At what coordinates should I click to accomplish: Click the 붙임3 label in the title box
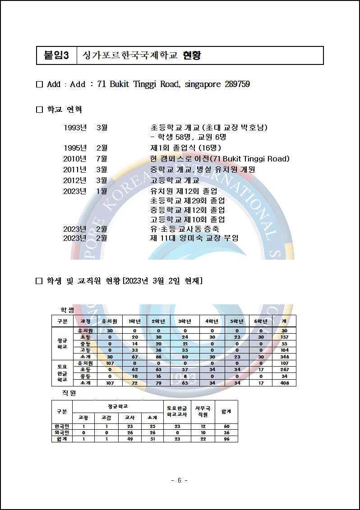[56, 55]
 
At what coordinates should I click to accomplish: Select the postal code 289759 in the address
[237, 84]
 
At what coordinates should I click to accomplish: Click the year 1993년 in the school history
[74, 128]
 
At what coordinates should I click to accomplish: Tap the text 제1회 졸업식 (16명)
[185, 148]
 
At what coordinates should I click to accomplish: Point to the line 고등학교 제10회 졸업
[187, 220]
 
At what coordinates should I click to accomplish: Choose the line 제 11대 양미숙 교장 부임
[194, 238]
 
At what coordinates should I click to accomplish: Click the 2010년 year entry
[74, 159]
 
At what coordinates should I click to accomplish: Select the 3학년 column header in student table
[185, 321]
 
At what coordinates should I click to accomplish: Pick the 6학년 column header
[261, 321]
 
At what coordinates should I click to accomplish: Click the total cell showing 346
[284, 356]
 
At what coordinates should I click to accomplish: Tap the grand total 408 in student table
[284, 382]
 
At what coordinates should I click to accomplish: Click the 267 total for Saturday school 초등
[284, 369]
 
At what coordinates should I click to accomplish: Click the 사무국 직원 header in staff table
[203, 411]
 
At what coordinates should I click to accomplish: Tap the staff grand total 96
[226, 439]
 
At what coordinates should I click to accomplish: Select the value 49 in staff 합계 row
[129, 439]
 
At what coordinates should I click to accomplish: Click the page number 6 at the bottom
[180, 480]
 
